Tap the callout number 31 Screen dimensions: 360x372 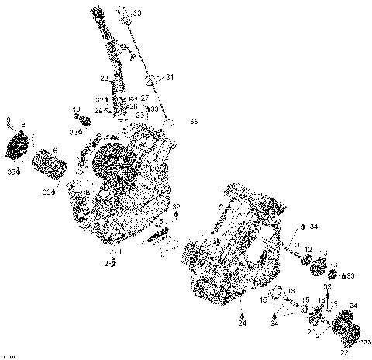click(170, 78)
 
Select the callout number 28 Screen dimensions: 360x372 click(104, 78)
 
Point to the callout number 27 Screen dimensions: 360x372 click(144, 98)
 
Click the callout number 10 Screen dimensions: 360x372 click(76, 109)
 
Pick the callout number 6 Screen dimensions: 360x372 click(54, 150)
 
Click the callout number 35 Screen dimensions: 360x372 click(193, 122)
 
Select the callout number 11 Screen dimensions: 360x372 click(296, 246)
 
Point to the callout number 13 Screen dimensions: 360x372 click(322, 252)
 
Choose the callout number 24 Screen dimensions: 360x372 click(353, 305)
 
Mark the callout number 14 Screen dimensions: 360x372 click(333, 266)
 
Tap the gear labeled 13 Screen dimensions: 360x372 click(318, 268)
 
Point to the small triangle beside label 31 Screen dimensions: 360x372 click(160, 78)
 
